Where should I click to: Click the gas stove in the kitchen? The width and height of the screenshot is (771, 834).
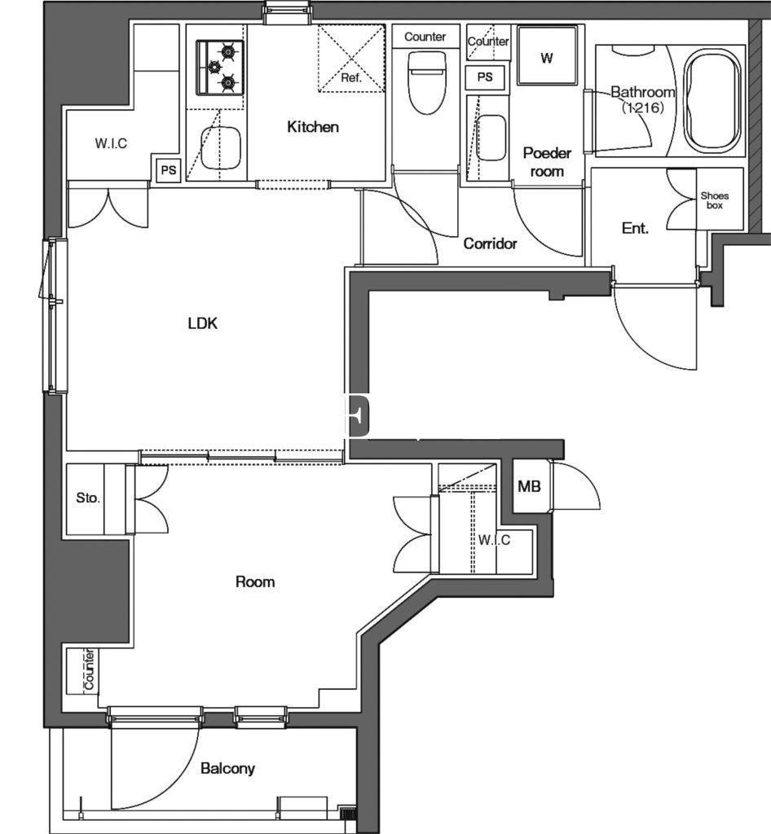coord(220,68)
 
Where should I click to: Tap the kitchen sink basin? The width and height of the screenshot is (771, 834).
coord(220,148)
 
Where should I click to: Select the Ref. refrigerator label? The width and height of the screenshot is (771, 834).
coord(351,78)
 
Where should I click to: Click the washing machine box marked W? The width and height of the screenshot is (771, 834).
coord(547,56)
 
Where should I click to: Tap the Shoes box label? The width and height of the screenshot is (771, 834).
coord(715,200)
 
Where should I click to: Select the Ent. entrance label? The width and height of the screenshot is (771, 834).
coord(636,229)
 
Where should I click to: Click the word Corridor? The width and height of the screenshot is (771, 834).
coord(490,244)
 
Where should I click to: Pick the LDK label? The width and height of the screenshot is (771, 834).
coord(203,323)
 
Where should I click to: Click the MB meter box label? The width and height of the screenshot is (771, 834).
coord(529,486)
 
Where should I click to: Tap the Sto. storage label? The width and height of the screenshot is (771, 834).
coord(88,498)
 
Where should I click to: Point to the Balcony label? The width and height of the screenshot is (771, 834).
coord(227,768)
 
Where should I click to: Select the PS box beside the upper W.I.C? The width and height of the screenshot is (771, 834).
coord(168,171)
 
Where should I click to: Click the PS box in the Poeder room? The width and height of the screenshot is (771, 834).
coord(485,77)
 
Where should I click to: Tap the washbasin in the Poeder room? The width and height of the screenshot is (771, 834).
coord(491,138)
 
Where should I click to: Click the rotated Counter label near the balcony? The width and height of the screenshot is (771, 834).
coord(89,669)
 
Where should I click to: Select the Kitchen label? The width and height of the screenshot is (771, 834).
coord(313,126)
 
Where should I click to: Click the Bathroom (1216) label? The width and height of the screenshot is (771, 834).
coord(643,99)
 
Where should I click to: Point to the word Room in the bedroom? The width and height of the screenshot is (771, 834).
coord(255,582)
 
